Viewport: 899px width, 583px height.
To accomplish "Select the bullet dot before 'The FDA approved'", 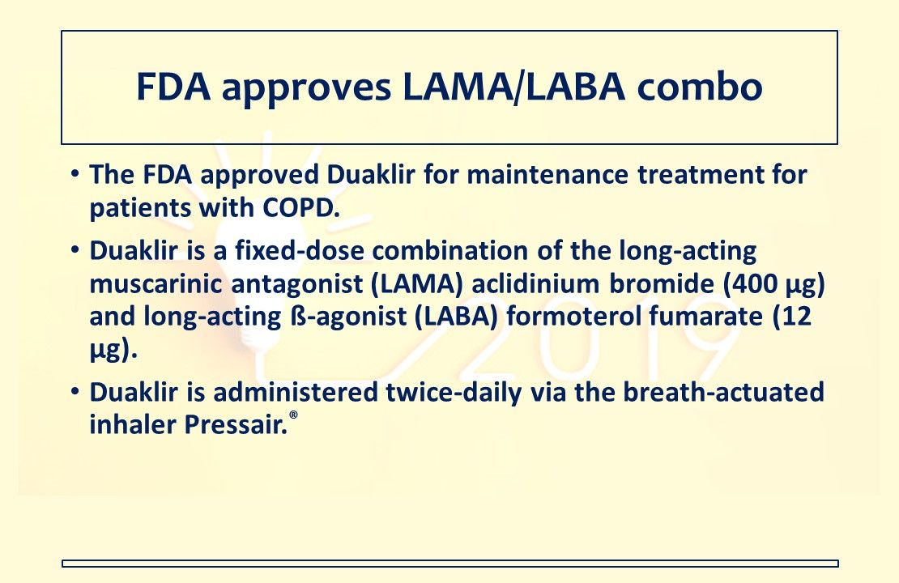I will click(x=75, y=175).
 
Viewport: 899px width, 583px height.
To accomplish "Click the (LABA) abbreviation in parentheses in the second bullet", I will click(x=454, y=317).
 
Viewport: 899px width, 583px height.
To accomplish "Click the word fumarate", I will click(x=701, y=317).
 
